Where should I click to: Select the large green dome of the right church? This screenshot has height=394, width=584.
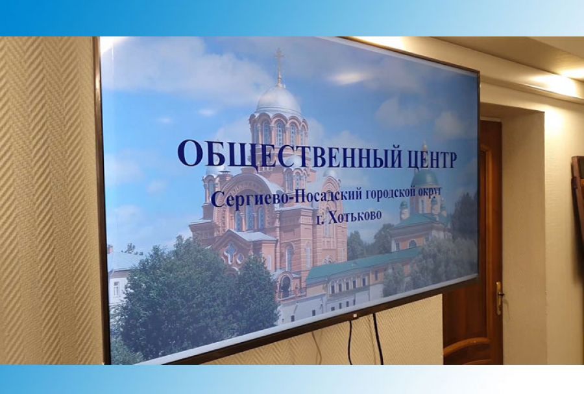[425, 176]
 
